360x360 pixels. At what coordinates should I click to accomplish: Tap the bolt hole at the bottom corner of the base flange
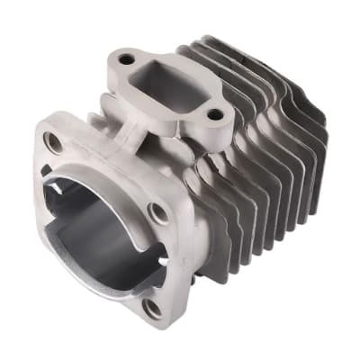152,307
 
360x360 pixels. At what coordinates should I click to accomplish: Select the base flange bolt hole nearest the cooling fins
159,213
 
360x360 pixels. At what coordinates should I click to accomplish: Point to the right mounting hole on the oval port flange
213,114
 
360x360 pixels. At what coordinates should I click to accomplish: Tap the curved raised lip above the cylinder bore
103,171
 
